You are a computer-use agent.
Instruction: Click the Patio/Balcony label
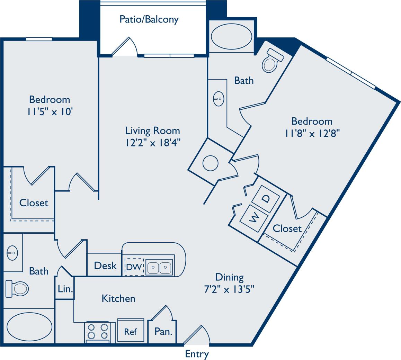pyautogui.click(x=149, y=19)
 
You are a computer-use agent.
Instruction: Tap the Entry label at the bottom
pyautogui.click(x=197, y=354)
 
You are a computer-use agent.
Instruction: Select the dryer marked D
pyautogui.click(x=265, y=199)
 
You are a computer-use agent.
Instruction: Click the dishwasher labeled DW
pyautogui.click(x=134, y=267)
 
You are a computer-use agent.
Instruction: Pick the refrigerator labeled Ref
pyautogui.click(x=131, y=331)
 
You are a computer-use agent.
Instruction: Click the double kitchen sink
pyautogui.click(x=159, y=267)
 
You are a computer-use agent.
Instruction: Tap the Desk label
pyautogui.click(x=105, y=265)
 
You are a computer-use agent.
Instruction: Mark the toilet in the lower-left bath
pyautogui.click(x=17, y=288)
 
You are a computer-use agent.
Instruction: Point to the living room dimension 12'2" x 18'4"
pyautogui.click(x=153, y=142)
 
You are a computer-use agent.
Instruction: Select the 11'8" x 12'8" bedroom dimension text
pyautogui.click(x=312, y=133)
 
